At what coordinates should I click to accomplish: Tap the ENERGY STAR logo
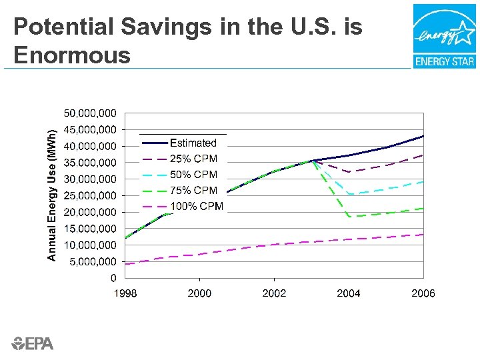pyautogui.click(x=444, y=36)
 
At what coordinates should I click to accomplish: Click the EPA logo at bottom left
pyautogui.click(x=33, y=343)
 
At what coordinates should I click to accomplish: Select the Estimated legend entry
pyautogui.click(x=193, y=143)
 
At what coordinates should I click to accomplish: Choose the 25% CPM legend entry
pyautogui.click(x=193, y=159)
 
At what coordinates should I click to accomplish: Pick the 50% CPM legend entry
pyautogui.click(x=193, y=175)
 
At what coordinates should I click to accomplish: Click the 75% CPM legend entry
pyautogui.click(x=193, y=191)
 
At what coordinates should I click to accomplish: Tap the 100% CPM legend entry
pyautogui.click(x=196, y=206)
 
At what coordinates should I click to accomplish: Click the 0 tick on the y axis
pyautogui.click(x=114, y=278)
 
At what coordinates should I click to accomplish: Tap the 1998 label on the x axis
pyautogui.click(x=125, y=293)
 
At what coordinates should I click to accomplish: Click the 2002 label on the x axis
pyautogui.click(x=274, y=293)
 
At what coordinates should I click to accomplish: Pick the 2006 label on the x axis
pyautogui.click(x=423, y=293)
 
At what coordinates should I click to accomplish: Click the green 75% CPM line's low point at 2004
pyautogui.click(x=349, y=216)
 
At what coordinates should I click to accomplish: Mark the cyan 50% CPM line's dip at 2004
pyautogui.click(x=349, y=194)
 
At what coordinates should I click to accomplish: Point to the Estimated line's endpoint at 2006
pyautogui.click(x=423, y=136)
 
